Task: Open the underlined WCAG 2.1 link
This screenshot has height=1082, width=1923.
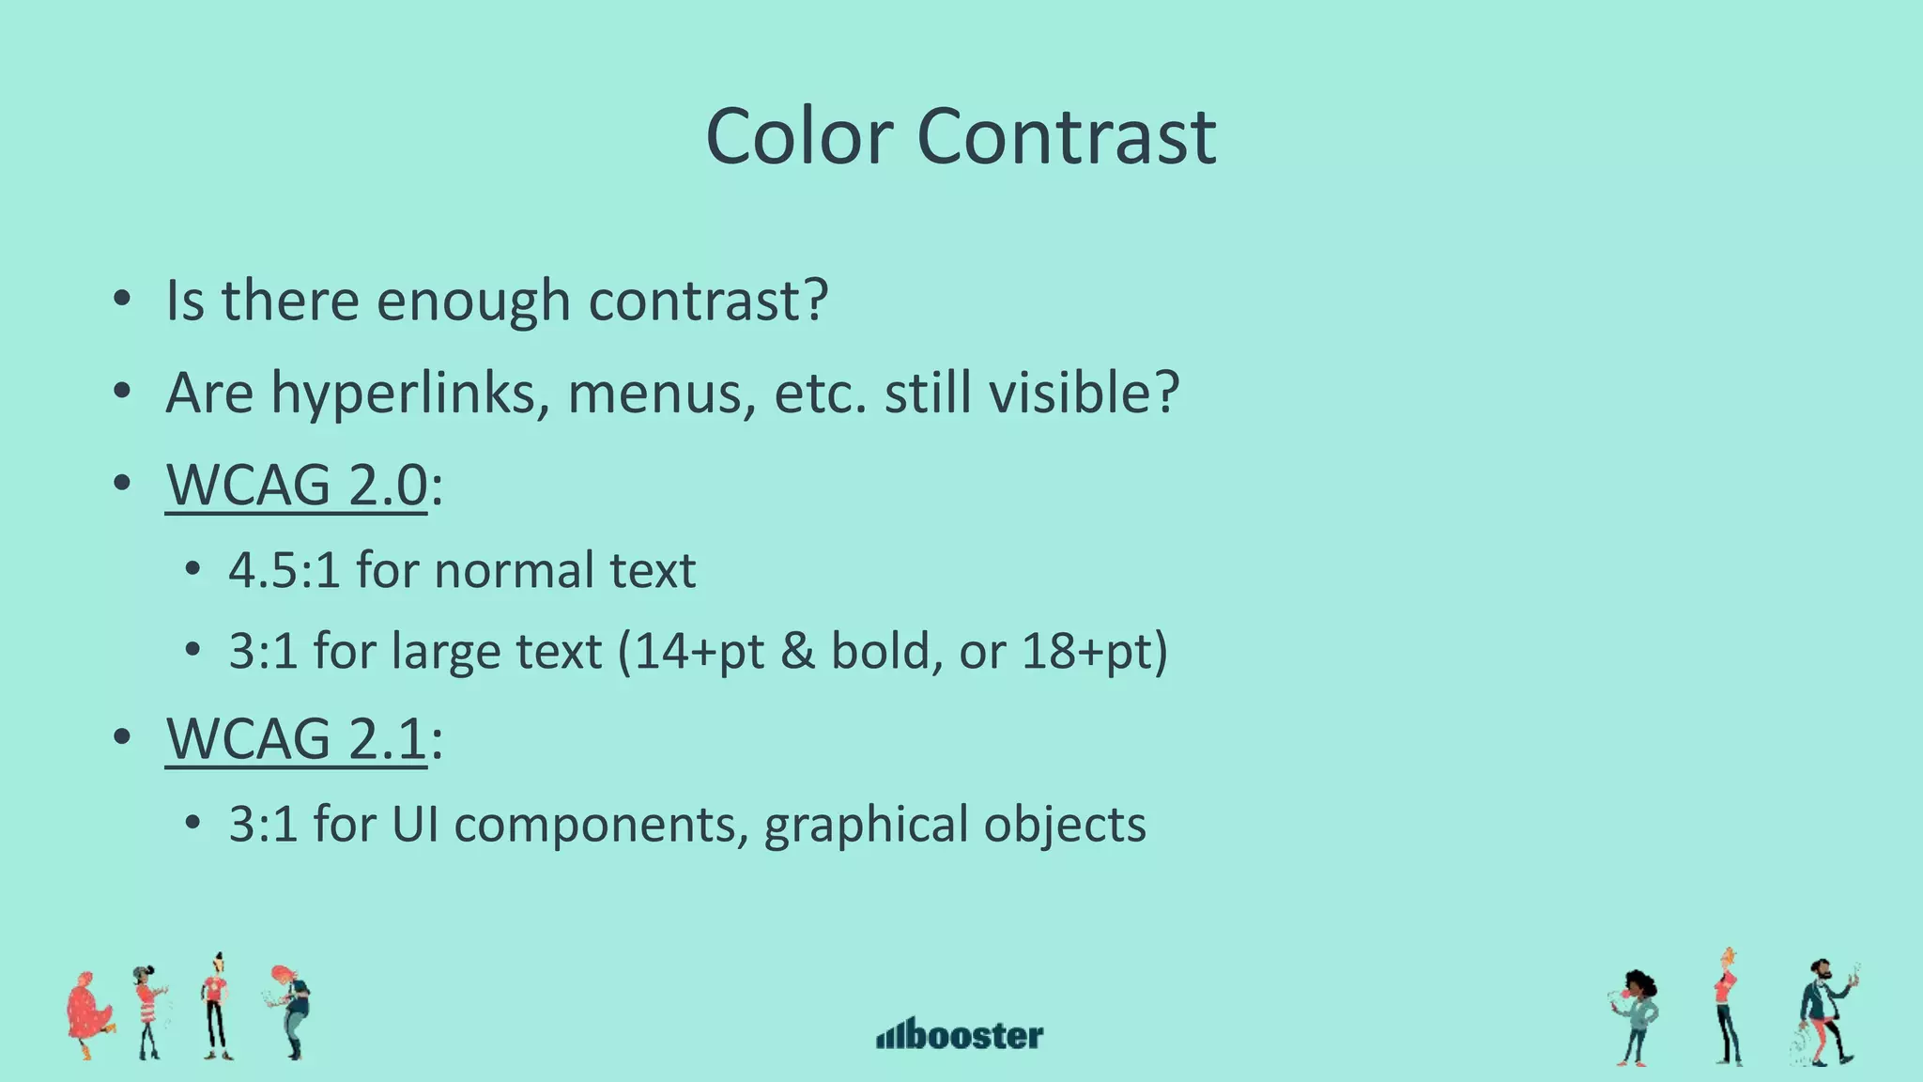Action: [x=297, y=738]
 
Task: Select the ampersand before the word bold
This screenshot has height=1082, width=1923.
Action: [x=797, y=651]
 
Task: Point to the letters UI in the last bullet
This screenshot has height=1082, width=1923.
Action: [x=414, y=824]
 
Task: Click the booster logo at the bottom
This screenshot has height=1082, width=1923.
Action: [x=960, y=1034]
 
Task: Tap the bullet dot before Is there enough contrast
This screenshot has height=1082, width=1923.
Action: [x=120, y=301]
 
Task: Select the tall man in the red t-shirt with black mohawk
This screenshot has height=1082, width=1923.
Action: [x=216, y=1007]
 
